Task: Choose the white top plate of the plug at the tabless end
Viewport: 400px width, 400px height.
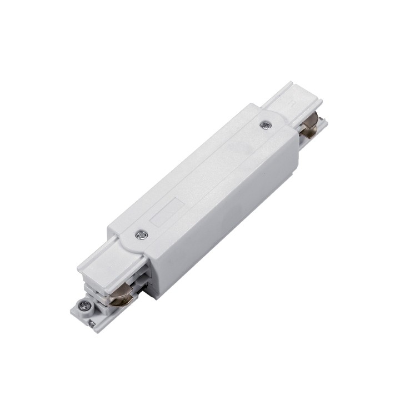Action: click(283, 103)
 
